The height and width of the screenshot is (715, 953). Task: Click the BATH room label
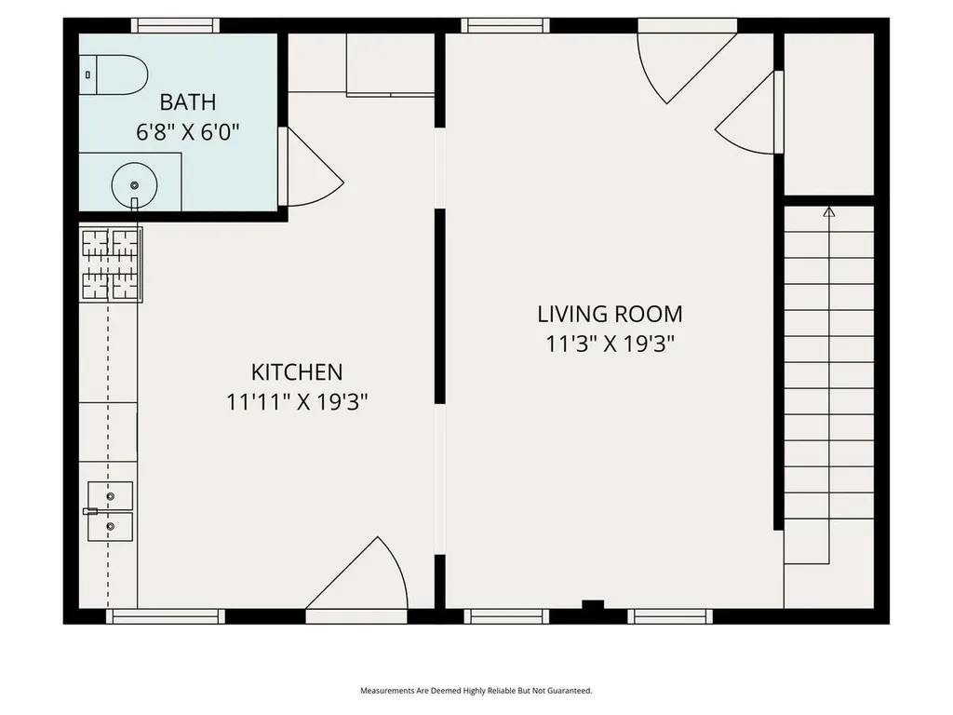point(188,102)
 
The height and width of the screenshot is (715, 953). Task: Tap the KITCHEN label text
point(297,372)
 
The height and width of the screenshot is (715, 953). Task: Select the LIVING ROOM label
point(611,315)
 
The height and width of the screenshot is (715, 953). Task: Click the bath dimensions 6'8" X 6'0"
point(188,131)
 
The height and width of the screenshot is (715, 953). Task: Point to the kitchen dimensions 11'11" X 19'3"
point(297,402)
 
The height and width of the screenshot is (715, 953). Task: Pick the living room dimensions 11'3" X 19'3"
point(611,344)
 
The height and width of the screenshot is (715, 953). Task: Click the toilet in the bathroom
point(114,74)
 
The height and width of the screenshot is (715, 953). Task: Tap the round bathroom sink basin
point(134,185)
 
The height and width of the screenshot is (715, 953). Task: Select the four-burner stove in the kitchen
point(111,264)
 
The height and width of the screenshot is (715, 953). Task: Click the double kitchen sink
point(110,511)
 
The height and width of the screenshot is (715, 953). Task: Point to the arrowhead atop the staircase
point(829,211)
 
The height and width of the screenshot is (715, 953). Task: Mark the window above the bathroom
point(176,25)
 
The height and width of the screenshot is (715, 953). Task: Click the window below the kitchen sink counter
point(166,616)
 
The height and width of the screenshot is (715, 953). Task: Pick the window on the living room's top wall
point(505,25)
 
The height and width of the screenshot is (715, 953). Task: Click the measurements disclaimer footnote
point(476,691)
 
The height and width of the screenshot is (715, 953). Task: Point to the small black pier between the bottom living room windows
point(593,604)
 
